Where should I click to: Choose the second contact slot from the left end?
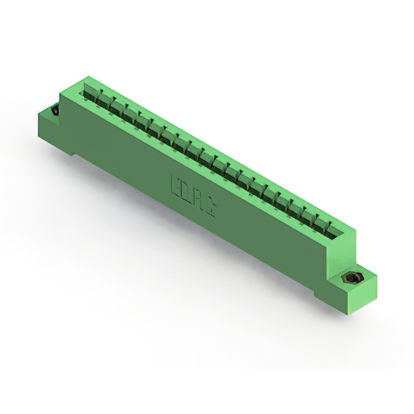(x=102, y=102)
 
